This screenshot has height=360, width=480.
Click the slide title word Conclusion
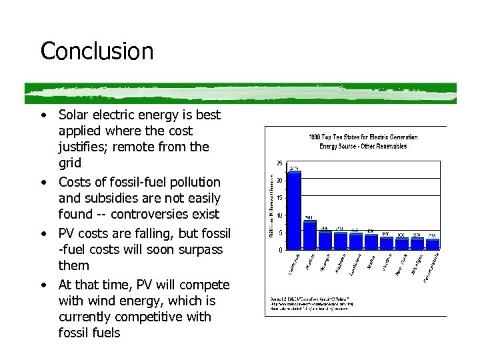97,51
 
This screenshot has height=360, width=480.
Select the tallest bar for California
294,210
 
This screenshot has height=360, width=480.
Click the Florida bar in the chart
310,235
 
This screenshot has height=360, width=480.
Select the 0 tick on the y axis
279,250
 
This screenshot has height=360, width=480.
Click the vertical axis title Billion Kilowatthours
272,207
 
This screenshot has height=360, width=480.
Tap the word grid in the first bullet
70,163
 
